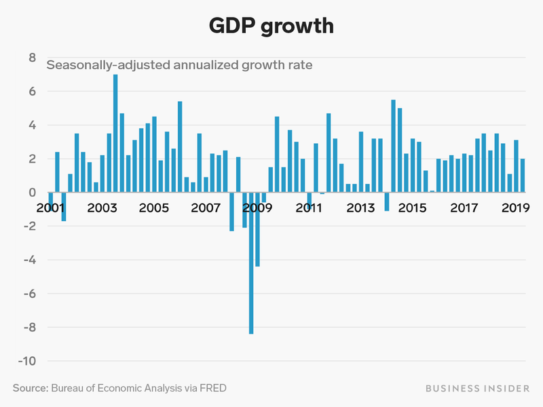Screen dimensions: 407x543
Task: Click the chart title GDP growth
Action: [x=271, y=26]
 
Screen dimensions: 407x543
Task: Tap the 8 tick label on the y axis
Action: [x=32, y=58]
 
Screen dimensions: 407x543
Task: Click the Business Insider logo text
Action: [x=477, y=388]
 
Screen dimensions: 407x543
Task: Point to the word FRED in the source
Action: [x=212, y=388]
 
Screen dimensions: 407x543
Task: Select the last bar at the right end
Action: [x=523, y=176]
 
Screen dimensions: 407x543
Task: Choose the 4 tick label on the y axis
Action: [x=32, y=125]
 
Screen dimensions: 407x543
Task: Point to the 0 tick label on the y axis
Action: [x=32, y=193]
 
